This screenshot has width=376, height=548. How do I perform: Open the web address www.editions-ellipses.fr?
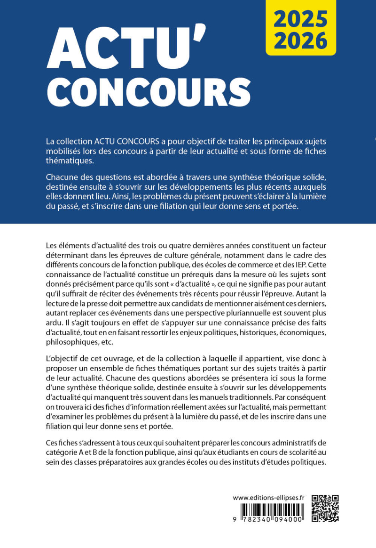[269, 498]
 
